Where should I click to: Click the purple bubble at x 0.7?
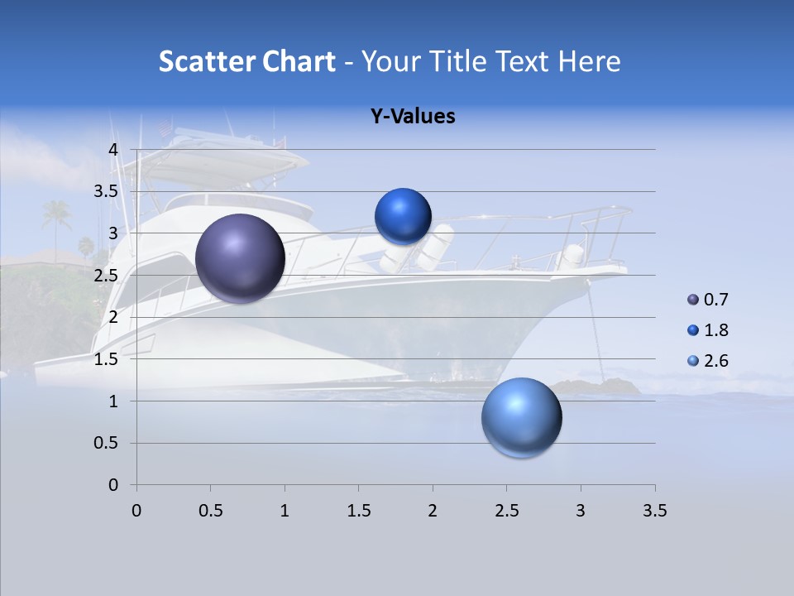(x=241, y=257)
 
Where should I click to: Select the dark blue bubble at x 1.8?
(x=403, y=216)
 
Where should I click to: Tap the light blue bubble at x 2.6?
(x=521, y=417)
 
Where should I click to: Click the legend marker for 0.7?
(x=693, y=300)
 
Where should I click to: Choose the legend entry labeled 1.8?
(x=715, y=330)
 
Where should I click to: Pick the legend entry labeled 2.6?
(x=715, y=361)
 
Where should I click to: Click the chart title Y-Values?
(x=413, y=117)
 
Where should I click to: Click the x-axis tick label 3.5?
(x=654, y=511)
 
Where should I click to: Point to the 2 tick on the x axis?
(x=433, y=511)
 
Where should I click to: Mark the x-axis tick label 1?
(x=285, y=511)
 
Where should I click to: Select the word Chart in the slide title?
(x=299, y=61)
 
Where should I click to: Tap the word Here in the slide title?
(x=590, y=61)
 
